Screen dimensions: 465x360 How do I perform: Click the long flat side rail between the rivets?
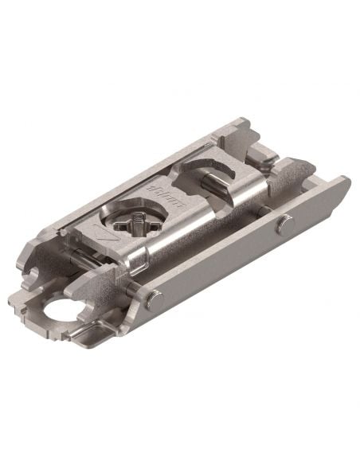click(223, 264)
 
